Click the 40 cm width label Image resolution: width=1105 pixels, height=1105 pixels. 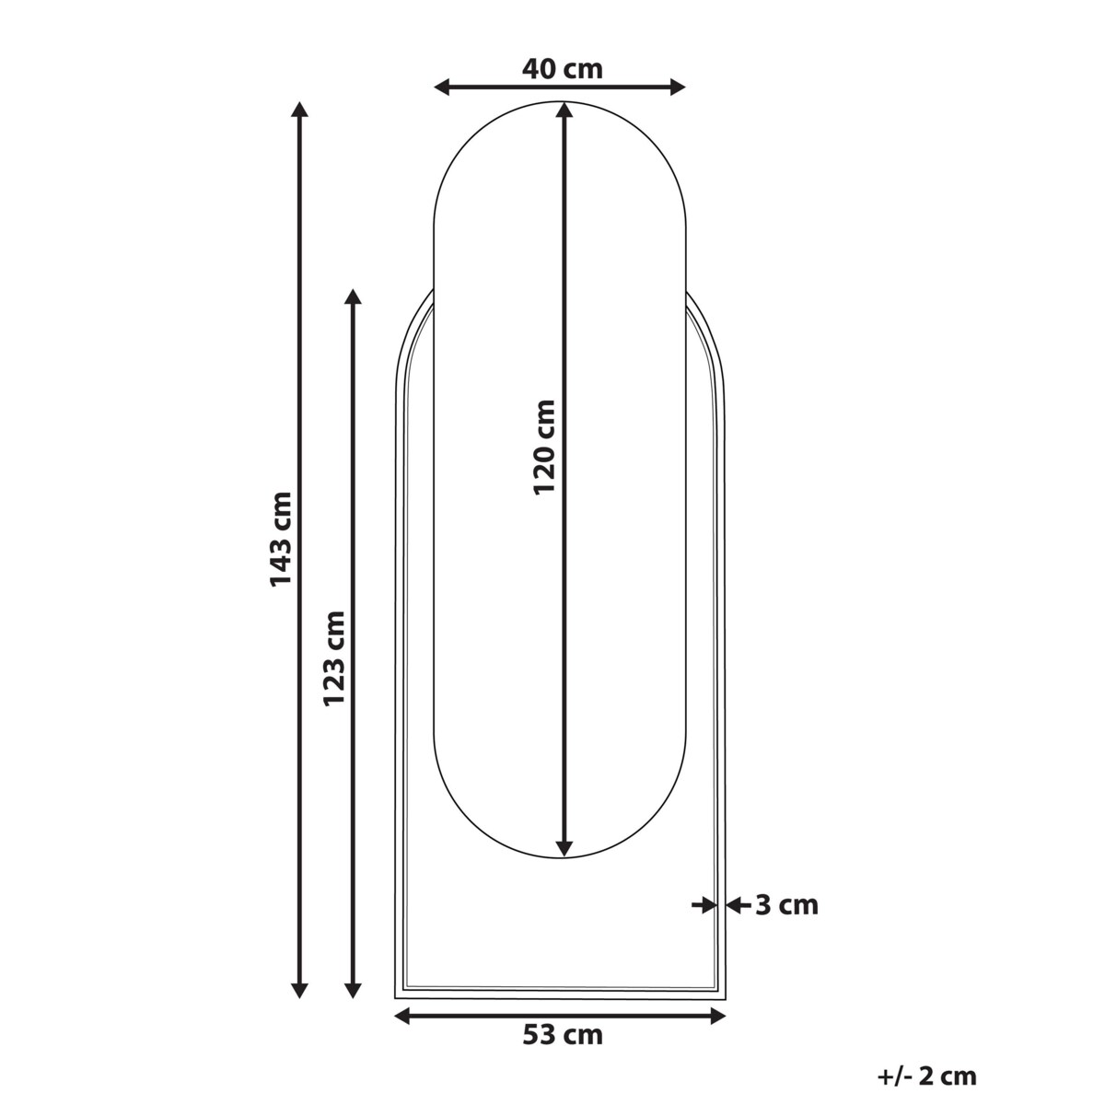click(x=562, y=69)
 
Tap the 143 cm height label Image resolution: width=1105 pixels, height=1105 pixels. click(x=280, y=539)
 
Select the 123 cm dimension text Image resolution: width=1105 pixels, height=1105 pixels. click(x=334, y=657)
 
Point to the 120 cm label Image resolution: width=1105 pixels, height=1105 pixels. click(x=545, y=447)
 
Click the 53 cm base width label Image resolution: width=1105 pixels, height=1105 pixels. click(x=563, y=1035)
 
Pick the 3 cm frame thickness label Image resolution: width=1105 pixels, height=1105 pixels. click(x=786, y=905)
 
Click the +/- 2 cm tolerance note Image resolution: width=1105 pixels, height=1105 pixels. click(x=926, y=1076)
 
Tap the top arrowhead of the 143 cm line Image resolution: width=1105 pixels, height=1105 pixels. click(x=299, y=110)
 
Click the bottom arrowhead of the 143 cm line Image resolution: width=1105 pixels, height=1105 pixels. click(x=299, y=991)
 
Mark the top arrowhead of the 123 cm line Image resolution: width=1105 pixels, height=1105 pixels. click(x=352, y=297)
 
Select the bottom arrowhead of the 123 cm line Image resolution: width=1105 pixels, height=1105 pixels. click(x=352, y=991)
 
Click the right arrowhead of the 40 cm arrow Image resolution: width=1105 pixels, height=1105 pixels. click(x=678, y=87)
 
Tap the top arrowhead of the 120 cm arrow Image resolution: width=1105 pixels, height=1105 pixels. click(x=565, y=111)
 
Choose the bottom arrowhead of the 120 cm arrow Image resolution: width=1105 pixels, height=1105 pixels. click(x=565, y=848)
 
